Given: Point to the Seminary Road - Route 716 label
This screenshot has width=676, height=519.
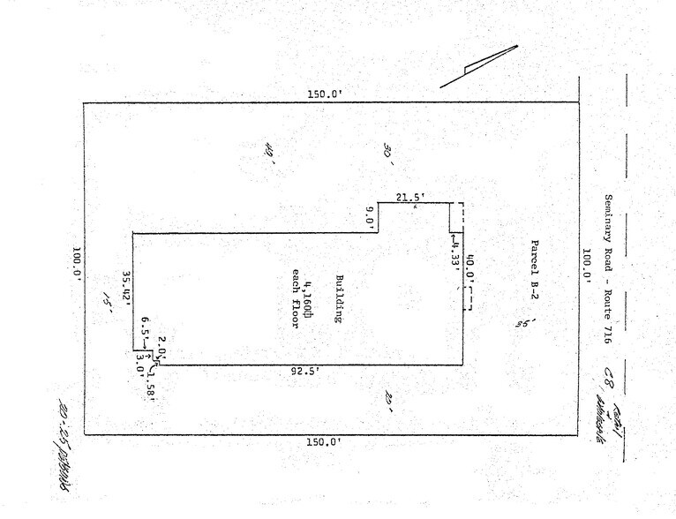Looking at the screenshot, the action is pos(609,268).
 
